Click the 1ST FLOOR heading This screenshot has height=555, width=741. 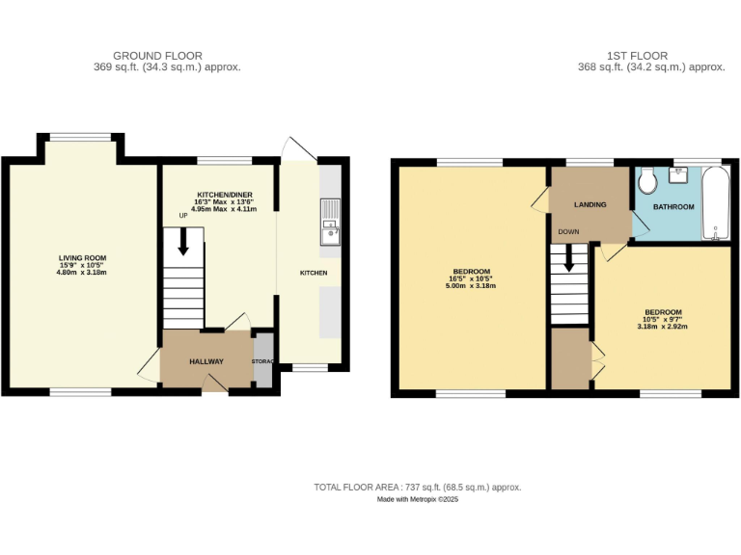point(637,56)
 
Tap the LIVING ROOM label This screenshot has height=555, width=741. point(82,258)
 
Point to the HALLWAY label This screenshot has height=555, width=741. point(206,361)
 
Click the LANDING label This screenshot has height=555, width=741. point(590,204)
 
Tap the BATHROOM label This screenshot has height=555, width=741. point(672,207)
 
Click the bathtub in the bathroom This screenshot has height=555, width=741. point(716,204)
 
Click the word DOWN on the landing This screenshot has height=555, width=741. point(567,231)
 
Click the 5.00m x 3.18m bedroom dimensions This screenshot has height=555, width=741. point(472,286)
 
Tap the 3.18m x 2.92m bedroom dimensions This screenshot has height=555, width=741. point(662,326)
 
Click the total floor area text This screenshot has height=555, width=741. point(417,487)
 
